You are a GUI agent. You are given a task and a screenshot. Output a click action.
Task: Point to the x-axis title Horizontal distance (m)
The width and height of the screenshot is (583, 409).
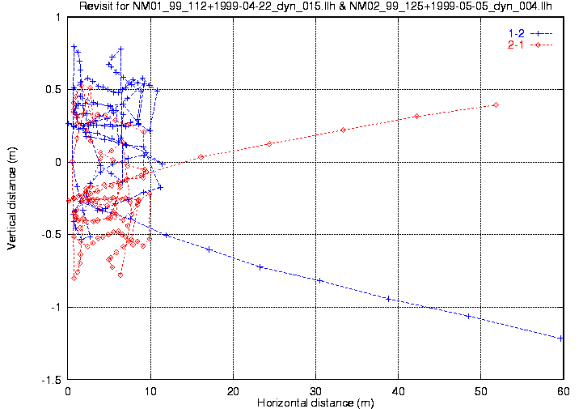(x=315, y=403)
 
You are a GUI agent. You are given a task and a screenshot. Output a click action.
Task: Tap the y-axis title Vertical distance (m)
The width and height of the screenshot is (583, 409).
(x=11, y=202)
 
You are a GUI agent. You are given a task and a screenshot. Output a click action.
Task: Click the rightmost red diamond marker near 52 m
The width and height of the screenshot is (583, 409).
(x=496, y=104)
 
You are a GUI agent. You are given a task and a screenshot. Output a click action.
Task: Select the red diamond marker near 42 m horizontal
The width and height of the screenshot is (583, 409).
(x=416, y=116)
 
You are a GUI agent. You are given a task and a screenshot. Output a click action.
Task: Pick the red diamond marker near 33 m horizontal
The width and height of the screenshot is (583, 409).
(x=343, y=130)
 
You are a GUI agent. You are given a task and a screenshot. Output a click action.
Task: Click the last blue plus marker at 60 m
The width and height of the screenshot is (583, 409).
(x=561, y=338)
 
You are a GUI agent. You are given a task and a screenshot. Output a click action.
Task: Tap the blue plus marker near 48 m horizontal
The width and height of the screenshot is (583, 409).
(x=468, y=316)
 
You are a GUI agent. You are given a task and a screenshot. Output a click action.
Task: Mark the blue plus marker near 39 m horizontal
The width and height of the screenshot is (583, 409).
(x=389, y=299)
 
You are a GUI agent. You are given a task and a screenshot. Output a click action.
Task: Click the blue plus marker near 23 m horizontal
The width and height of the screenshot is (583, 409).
(x=260, y=266)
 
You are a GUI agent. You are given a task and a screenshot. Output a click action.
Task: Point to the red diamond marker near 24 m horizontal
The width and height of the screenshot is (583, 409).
(x=268, y=143)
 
